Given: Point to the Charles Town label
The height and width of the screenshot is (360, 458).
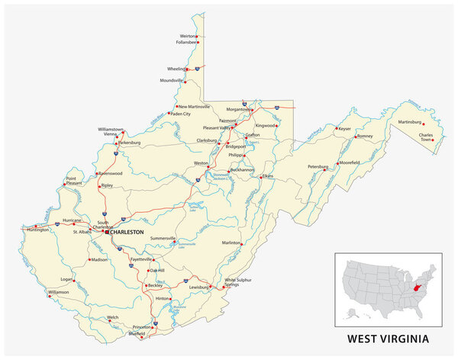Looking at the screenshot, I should (425, 138).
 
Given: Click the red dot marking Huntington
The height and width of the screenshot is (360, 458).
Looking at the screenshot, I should (24, 228).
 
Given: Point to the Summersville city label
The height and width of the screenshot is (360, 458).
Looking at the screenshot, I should (169, 239).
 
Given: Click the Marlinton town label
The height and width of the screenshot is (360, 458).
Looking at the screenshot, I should (231, 243).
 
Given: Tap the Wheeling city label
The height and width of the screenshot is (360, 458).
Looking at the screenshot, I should (177, 68).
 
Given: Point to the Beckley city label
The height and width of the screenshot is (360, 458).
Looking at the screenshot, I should (155, 285).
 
